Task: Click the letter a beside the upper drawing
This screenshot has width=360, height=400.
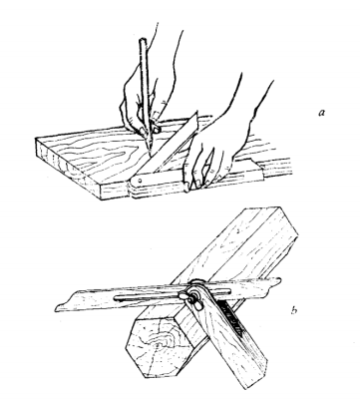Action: (321, 113)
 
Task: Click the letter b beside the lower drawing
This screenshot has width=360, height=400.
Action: (293, 310)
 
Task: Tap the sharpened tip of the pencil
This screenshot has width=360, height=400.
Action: (150, 154)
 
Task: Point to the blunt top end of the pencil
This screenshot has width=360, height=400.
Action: (143, 40)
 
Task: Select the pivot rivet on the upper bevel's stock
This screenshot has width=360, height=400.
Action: (141, 182)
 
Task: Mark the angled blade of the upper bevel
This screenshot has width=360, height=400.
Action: (170, 143)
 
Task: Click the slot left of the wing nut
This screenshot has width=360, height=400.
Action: (147, 298)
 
